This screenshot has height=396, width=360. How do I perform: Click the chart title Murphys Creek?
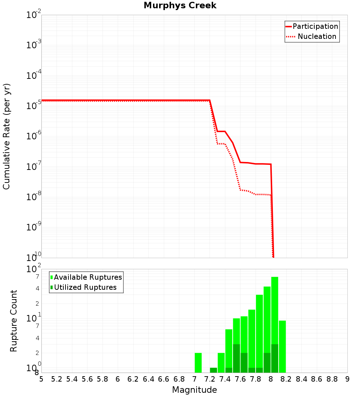pos(180,6)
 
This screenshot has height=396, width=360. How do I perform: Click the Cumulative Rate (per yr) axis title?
pos(6,136)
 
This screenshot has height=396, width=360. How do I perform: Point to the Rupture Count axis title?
pos(14,321)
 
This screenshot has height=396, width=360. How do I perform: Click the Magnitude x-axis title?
pos(194,390)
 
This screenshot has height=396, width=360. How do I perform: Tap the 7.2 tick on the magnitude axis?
pos(210,379)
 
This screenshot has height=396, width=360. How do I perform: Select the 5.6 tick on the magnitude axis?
pos(87,379)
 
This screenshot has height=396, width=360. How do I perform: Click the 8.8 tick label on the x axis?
pos(332,379)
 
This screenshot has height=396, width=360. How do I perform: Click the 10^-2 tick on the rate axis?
pos(34,15)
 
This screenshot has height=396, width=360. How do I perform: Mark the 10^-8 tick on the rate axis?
pos(34,196)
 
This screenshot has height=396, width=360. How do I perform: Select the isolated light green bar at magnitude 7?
pos(198,363)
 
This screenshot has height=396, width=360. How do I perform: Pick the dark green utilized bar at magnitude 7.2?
pos(213,370)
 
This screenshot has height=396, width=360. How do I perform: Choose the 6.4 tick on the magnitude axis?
pos(148,379)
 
